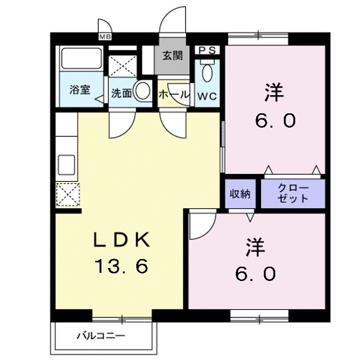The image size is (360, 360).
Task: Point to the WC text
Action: [x=208, y=96]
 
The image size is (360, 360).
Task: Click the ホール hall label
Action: [x=173, y=94]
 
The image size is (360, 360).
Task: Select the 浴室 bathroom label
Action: [x=80, y=90]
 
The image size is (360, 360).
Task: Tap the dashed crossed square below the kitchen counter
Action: [x=67, y=195]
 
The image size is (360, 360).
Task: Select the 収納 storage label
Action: [x=240, y=194]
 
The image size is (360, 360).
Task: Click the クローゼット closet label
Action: [x=293, y=194]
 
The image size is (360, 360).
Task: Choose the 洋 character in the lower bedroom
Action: [x=255, y=248]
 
